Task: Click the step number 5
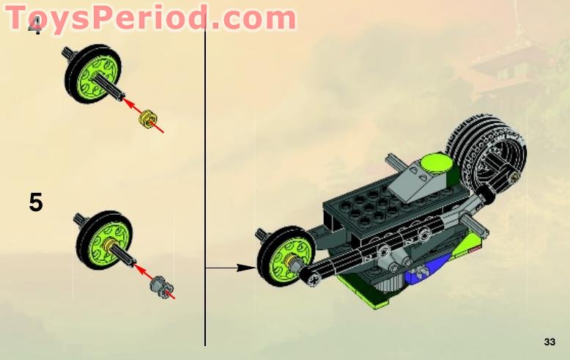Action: click(36, 202)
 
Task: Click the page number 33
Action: click(549, 342)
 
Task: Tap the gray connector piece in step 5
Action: click(161, 284)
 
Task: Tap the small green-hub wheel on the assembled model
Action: click(282, 261)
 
